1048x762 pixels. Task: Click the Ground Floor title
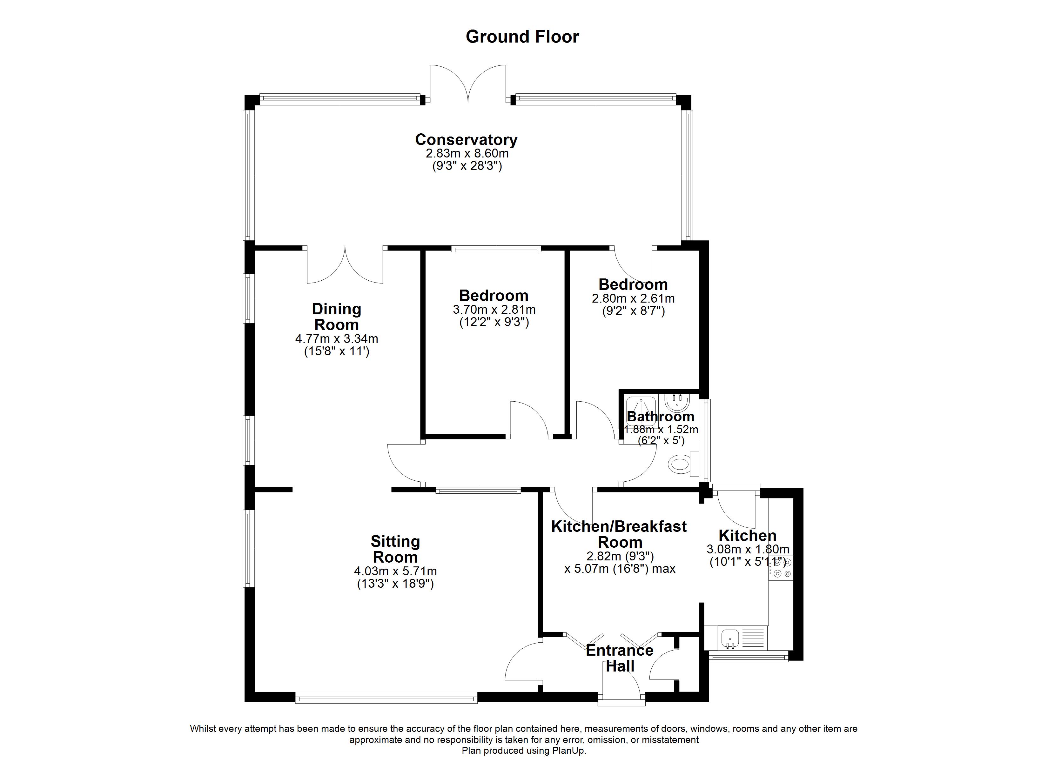click(522, 37)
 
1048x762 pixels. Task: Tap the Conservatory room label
click(466, 140)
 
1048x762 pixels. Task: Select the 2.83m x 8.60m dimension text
click(467, 153)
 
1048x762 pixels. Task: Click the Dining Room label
click(336, 317)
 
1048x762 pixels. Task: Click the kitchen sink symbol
click(730, 638)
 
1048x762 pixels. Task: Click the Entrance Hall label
click(619, 658)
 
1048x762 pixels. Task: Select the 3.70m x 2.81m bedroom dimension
click(494, 310)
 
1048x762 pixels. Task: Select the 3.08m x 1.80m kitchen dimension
click(748, 550)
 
